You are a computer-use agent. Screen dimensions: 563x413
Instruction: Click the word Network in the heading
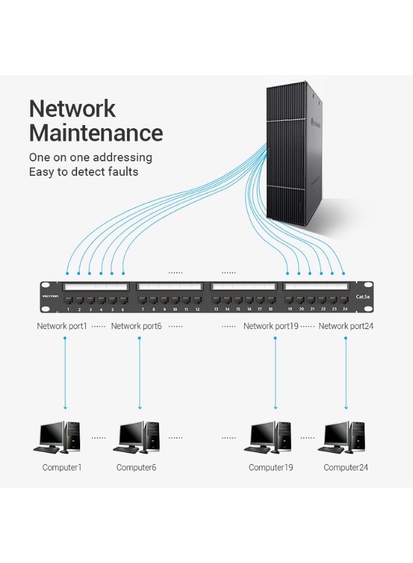73,109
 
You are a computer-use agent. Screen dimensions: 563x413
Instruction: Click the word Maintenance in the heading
96,133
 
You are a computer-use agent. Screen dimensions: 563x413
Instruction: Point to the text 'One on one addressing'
90,158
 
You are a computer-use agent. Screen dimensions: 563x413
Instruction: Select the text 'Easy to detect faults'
83,172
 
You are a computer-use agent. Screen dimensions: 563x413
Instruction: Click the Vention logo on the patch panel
50,296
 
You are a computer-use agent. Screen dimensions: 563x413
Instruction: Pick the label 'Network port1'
62,326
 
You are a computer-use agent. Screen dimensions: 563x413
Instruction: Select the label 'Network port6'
136,326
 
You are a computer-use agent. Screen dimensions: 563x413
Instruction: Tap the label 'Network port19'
271,326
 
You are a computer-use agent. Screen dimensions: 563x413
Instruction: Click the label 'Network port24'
346,326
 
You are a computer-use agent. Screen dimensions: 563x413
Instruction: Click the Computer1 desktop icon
57,437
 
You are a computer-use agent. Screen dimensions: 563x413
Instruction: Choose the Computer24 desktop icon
345,437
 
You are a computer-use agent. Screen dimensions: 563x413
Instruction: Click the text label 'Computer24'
346,467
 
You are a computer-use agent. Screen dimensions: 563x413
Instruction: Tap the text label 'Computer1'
62,467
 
